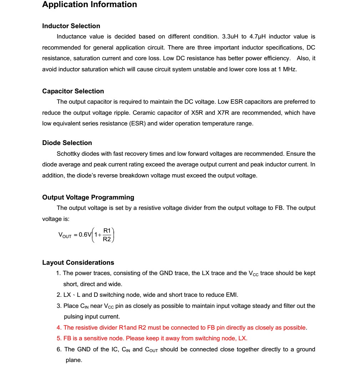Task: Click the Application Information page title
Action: (90, 5)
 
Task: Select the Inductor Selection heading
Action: (71, 26)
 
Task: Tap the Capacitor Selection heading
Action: (73, 91)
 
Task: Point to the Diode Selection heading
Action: (67, 143)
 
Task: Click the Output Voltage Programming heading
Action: (88, 197)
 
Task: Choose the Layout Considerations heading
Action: (78, 263)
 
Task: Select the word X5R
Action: (197, 113)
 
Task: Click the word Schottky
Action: (69, 154)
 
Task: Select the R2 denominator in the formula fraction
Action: (107, 239)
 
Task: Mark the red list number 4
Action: (59, 327)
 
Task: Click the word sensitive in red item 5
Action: (89, 338)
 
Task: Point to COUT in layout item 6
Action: (152, 350)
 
